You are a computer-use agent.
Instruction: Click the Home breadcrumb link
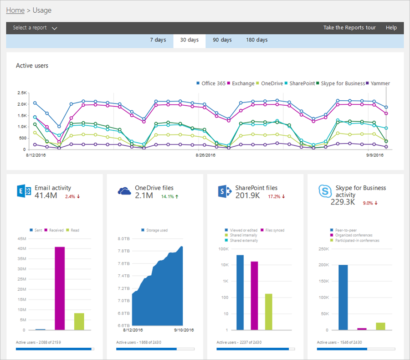(15, 10)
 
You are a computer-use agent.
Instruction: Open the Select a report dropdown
(35, 28)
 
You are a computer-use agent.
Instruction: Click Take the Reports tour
(349, 28)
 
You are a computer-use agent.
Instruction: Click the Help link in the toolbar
(391, 28)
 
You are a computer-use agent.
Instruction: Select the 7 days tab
(158, 40)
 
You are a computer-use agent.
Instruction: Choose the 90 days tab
(222, 40)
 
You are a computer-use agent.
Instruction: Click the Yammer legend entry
(379, 83)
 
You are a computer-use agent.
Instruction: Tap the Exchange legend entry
(243, 83)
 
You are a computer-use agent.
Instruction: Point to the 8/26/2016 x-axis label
(205, 155)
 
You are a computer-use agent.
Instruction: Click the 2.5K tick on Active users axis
(21, 93)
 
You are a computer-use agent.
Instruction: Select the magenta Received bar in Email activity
(60, 288)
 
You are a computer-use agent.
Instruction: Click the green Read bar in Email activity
(79, 321)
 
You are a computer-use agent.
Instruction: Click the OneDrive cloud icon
(124, 191)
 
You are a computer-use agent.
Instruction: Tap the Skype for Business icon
(324, 191)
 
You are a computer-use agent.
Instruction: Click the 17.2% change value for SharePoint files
(276, 197)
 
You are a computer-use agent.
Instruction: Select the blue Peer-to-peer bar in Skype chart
(343, 297)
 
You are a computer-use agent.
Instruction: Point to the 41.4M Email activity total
(46, 196)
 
